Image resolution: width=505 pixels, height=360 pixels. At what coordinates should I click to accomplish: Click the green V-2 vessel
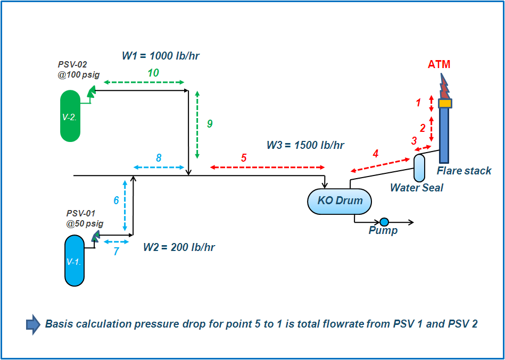click(70, 116)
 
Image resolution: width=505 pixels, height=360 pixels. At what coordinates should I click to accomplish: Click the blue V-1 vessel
click(74, 261)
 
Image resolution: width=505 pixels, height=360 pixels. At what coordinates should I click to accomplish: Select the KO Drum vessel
click(340, 202)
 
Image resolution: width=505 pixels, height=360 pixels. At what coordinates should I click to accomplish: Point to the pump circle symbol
click(384, 222)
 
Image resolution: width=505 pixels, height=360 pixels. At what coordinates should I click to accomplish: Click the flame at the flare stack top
click(443, 85)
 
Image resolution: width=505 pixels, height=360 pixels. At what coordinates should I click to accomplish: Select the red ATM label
click(439, 64)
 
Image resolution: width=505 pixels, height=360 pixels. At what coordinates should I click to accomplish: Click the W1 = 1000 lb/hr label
click(161, 56)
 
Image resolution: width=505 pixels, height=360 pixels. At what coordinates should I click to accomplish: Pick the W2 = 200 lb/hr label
click(179, 247)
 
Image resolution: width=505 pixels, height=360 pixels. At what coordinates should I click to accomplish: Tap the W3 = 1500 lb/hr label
click(305, 145)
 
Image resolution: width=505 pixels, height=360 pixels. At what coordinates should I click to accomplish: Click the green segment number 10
click(153, 73)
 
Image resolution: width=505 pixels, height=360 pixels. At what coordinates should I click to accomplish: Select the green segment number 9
click(210, 124)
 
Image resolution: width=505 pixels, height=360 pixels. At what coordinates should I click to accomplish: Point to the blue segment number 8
click(159, 158)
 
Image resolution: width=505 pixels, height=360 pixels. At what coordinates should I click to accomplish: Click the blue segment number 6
click(116, 200)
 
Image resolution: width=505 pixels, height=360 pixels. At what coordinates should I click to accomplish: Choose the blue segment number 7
click(116, 252)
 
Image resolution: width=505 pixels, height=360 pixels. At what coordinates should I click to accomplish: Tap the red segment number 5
click(244, 158)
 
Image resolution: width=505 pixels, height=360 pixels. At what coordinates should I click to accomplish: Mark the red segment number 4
click(376, 154)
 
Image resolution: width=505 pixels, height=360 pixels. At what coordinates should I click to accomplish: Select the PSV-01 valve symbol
click(95, 236)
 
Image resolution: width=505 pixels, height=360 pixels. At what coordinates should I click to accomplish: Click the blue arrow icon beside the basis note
click(33, 324)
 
